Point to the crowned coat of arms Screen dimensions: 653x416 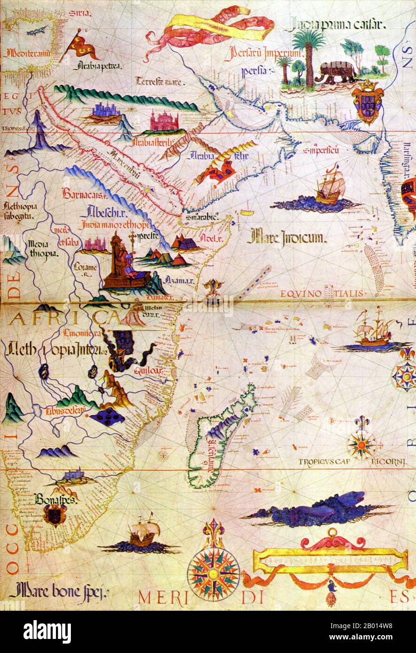point(367,101)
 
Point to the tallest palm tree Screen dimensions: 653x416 point(308,52)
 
